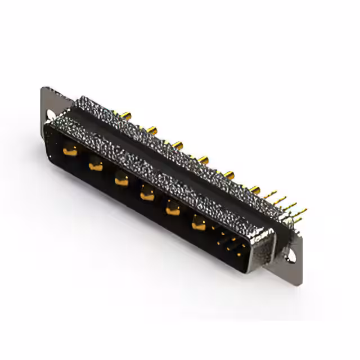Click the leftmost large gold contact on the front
point(70,150)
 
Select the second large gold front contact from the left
point(96,165)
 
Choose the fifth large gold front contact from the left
point(172,209)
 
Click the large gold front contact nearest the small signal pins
point(198,224)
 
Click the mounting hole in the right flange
point(291,255)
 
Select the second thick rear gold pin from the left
point(152,130)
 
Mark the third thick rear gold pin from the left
point(178,145)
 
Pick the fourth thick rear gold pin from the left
point(204,159)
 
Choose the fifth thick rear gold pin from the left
point(230,173)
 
